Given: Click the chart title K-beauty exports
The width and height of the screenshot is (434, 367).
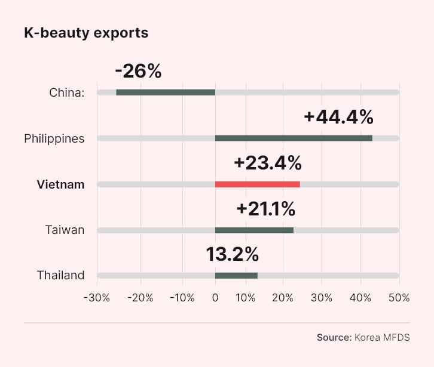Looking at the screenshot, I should coord(86,33).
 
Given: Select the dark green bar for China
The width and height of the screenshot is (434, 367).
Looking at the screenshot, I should coord(166,92).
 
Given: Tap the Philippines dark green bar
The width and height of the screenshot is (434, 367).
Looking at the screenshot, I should coord(294,138).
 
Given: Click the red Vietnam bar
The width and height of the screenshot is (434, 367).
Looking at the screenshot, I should coord(258,184).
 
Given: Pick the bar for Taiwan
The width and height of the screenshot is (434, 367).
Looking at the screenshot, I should coord(254,230).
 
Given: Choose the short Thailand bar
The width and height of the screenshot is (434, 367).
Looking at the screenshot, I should coord(236,275).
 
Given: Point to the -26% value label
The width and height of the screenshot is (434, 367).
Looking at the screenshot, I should coord(138,71).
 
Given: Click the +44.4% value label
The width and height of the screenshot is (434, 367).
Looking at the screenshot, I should coord(338,117).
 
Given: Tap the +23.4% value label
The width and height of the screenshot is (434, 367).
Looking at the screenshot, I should coord(267,163).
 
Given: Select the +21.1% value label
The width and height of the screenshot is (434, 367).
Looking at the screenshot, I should coord(265,209).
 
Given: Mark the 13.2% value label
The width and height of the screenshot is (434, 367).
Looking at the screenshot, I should coord(233,254).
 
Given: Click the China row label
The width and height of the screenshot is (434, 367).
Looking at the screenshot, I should coord(67,92).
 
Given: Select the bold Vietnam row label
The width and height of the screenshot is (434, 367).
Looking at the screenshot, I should coord(60,184).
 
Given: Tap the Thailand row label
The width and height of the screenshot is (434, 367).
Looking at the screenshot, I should coord(60,275).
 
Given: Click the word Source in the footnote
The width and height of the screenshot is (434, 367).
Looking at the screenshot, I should coord(334,337).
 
